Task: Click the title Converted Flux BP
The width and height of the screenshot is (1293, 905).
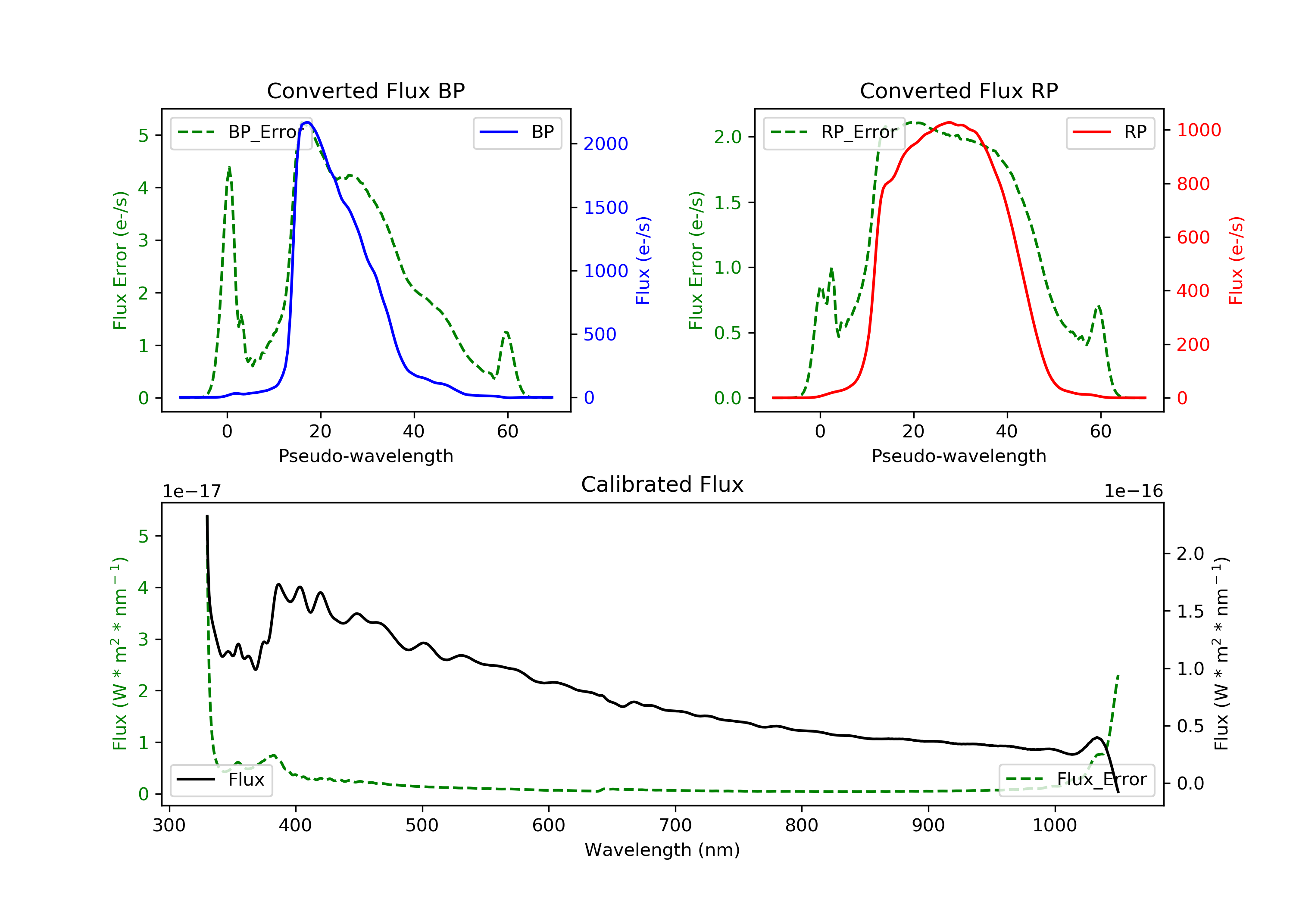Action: point(365,90)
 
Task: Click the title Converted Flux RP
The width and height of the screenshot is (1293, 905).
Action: point(959,90)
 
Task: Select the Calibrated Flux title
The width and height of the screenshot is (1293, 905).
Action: point(662,484)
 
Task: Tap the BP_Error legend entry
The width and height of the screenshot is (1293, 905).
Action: point(240,132)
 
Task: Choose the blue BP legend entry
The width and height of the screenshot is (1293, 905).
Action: point(517,132)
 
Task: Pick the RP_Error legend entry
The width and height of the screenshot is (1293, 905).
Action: point(834,132)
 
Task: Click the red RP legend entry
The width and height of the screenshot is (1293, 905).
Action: point(1110,132)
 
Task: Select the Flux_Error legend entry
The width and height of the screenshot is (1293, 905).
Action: point(1076,780)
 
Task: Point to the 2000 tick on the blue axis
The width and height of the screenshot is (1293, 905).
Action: point(606,144)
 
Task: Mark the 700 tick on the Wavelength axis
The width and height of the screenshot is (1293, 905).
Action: point(675,826)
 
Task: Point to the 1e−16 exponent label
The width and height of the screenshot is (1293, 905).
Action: point(1133,491)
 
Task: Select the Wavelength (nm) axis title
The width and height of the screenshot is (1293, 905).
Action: point(662,850)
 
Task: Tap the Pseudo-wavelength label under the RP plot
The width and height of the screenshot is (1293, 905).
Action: point(959,456)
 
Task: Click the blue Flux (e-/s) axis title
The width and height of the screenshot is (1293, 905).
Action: point(643,260)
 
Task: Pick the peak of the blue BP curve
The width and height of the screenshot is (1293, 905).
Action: point(307,122)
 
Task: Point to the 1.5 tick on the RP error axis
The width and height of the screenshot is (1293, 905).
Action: point(728,203)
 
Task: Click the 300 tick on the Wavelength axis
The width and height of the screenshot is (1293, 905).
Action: point(169,826)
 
